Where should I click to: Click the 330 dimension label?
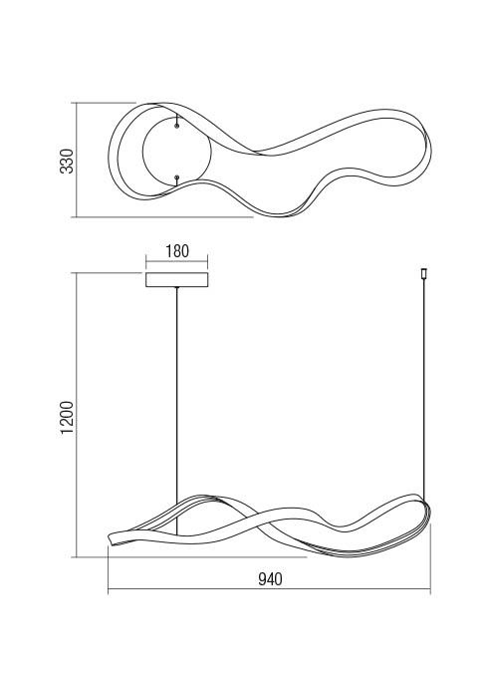[67, 162]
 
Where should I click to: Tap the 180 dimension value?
[177, 251]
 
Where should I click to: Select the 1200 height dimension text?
[67, 418]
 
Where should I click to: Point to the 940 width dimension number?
[270, 579]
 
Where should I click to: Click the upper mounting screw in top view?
[177, 127]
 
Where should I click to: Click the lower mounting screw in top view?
[177, 177]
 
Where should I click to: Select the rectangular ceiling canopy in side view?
[177, 279]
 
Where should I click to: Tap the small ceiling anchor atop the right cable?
[423, 274]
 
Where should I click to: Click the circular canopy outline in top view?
[142, 152]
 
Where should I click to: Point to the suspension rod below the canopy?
[177, 411]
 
